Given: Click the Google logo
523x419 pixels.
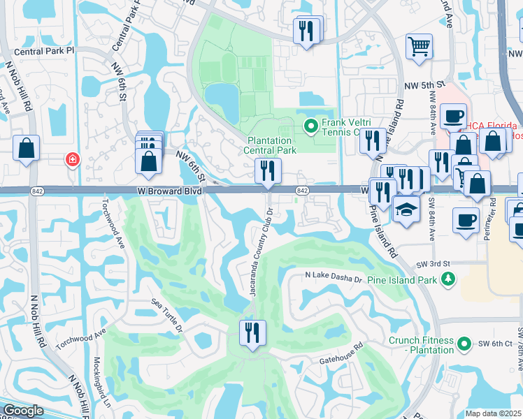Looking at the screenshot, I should [24, 411].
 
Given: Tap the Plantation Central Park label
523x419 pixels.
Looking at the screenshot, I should [271, 145].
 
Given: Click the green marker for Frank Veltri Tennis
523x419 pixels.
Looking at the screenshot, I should [311, 126].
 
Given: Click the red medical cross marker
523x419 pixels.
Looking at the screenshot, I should [71, 160].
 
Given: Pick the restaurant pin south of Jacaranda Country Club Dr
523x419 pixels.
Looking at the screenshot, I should [250, 332].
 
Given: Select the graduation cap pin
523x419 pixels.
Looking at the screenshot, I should [406, 209].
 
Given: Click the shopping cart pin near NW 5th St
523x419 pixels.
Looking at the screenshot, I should [419, 47].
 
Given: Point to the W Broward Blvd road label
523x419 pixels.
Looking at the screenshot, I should [169, 191].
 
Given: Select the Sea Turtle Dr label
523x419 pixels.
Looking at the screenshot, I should [168, 315].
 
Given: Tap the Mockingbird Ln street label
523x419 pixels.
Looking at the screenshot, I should [101, 383].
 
